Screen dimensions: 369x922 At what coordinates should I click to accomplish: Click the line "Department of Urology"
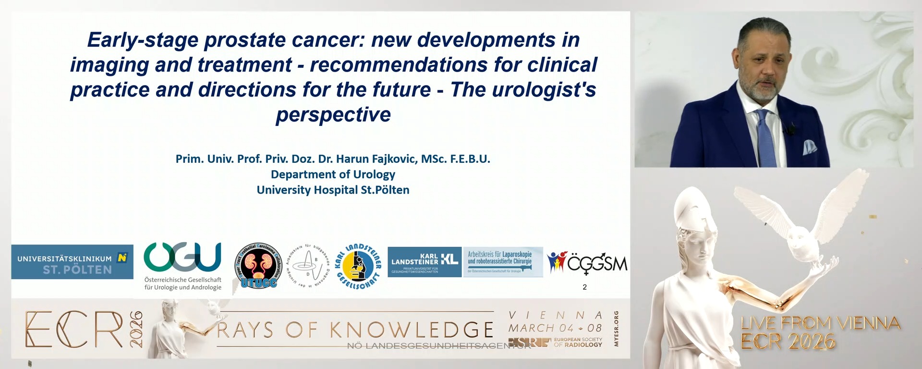coord(333,174)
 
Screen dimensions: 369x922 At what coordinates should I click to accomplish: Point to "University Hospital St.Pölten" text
coord(333,190)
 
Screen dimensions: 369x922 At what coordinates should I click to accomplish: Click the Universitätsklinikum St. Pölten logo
coord(72,262)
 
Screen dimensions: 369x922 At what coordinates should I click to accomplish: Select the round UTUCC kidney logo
coord(258,266)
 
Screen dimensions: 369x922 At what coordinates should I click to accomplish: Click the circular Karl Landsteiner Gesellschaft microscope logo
coord(358,267)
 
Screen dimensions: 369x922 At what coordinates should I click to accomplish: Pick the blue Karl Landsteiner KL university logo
coord(424,262)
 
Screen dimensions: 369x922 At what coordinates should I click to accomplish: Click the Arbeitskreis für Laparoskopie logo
coord(502,262)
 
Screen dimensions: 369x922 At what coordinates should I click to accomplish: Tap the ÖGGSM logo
coord(587,263)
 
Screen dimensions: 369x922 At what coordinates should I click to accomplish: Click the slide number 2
coord(584,287)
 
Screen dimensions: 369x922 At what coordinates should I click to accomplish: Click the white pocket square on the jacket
coord(810,147)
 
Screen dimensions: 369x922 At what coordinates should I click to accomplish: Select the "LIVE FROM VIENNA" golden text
coord(820,323)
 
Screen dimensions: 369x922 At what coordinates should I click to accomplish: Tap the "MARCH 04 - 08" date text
coord(555,328)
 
